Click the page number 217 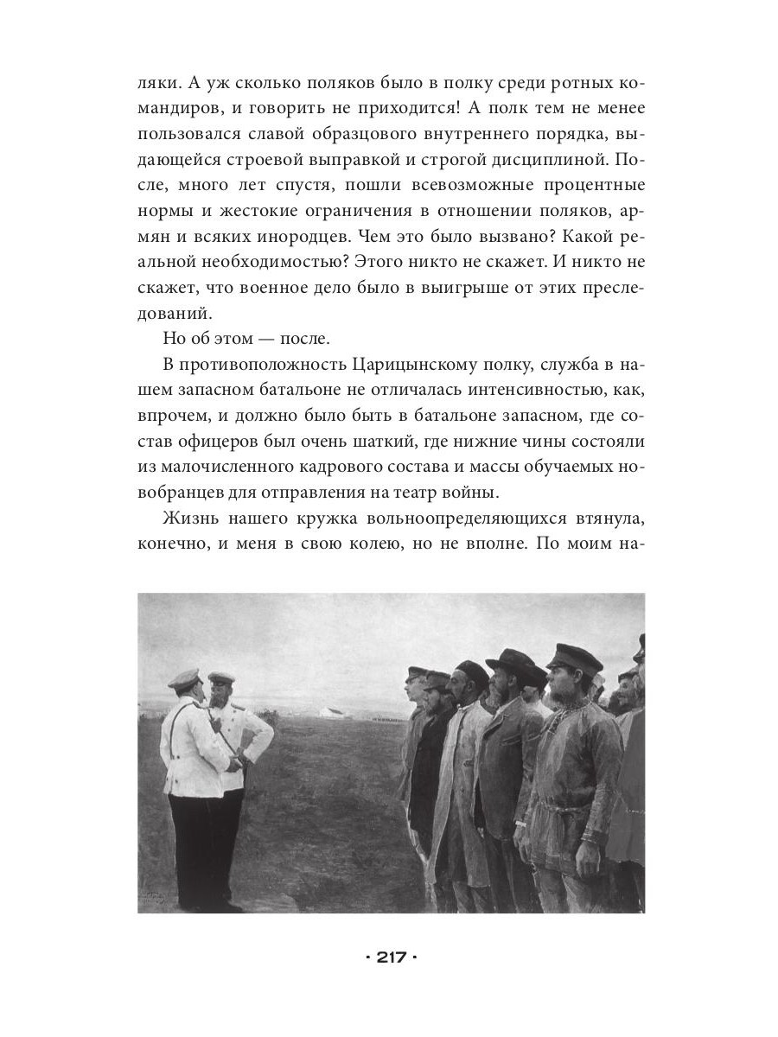click(389, 957)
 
